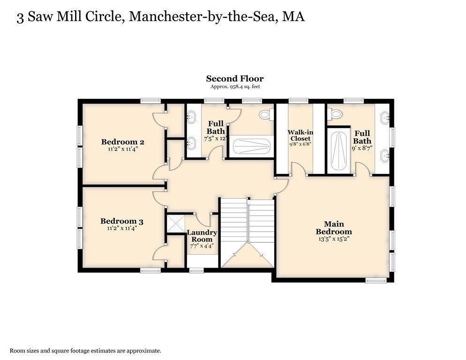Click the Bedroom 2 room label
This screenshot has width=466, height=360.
(122, 142)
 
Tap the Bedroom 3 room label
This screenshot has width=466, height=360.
(122, 221)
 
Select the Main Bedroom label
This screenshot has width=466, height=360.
(333, 228)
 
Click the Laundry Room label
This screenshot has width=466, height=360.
(202, 236)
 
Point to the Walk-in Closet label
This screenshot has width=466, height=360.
(300, 135)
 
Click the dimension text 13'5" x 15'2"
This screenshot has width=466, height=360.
(333, 239)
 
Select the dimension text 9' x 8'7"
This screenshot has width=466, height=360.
(362, 148)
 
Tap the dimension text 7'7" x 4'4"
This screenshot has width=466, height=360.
(202, 246)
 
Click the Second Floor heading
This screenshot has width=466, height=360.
(235, 79)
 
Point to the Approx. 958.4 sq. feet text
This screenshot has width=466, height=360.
(235, 87)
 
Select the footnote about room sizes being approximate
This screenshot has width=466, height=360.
(86, 351)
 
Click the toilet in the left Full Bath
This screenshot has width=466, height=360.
(266, 114)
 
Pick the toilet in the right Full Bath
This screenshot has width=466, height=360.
(335, 113)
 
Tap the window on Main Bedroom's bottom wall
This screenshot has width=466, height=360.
(376, 280)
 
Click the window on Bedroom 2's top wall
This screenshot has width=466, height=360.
(150, 100)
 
